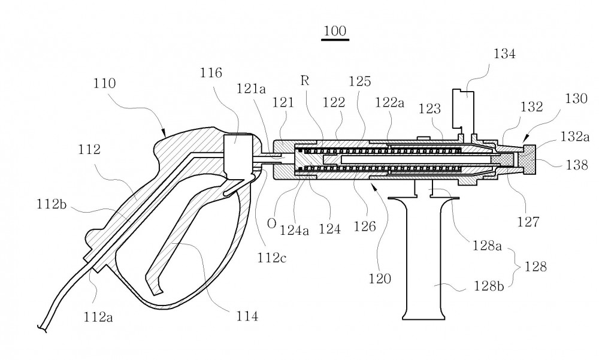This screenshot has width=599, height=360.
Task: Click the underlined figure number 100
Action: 335,31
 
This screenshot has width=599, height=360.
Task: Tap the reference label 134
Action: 504,54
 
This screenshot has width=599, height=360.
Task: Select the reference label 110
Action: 104,83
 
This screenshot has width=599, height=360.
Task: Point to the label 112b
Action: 52,204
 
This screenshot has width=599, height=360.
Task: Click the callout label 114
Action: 247,316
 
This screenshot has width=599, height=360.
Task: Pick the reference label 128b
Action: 489,286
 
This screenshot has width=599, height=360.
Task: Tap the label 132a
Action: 575,137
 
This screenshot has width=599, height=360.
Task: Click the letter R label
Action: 305,81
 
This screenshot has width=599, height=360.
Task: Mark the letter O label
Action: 271,223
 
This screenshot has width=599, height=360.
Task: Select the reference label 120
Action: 380,279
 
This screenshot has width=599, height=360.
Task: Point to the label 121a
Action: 251,89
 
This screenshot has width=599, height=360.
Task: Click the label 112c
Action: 271,258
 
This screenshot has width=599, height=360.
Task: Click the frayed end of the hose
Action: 42,328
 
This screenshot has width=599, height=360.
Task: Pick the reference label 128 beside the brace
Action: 536,266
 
